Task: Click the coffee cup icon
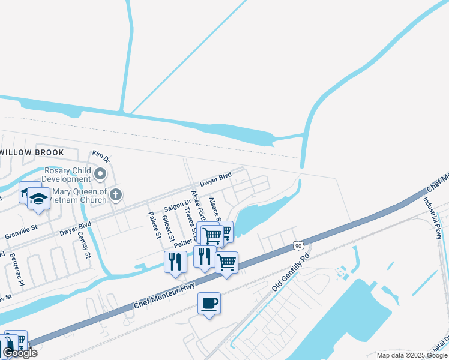[209, 304]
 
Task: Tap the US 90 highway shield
[298, 245]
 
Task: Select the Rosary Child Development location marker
[100, 175]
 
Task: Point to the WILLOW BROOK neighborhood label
[31, 152]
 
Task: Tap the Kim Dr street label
[101, 157]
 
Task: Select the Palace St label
[155, 224]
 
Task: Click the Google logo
[20, 353]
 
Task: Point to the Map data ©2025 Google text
[411, 355]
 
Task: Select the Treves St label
[191, 219]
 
